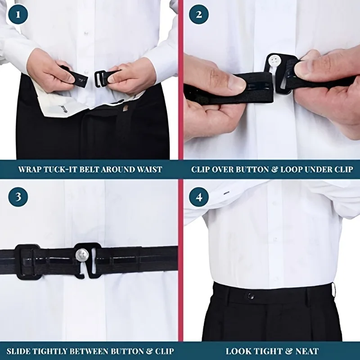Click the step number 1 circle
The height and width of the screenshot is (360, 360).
pyautogui.click(x=18, y=14)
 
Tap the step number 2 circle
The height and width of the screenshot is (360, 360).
pyautogui.click(x=198, y=14)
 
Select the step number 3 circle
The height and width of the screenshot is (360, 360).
pyautogui.click(x=18, y=197)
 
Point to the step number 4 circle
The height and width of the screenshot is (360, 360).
pyautogui.click(x=198, y=197)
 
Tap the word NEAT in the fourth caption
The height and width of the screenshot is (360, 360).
pyautogui.click(x=307, y=351)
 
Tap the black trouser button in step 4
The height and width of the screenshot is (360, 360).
pyautogui.click(x=251, y=296)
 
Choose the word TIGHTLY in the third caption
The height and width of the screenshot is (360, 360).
pyautogui.click(x=60, y=351)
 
